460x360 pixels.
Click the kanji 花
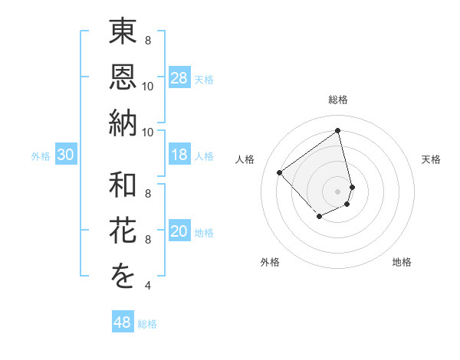pos(123,231)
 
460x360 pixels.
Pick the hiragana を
pos(123,276)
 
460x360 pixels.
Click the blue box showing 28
pos(179,78)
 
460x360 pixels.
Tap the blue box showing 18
pos(179,155)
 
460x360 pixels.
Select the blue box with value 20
pos(179,231)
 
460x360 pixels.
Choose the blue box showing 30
pos(66,155)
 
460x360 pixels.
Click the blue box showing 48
pos(123,322)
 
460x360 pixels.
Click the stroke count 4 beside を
pos(147,286)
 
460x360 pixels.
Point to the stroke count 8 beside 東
pos(147,41)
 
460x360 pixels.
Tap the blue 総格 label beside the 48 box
pos(147,324)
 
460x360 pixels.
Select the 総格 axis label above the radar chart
pos(337,100)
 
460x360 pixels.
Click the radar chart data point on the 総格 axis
pos(337,130)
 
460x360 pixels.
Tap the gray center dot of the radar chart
pos(337,191)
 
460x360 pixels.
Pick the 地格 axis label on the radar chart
pos(402,262)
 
